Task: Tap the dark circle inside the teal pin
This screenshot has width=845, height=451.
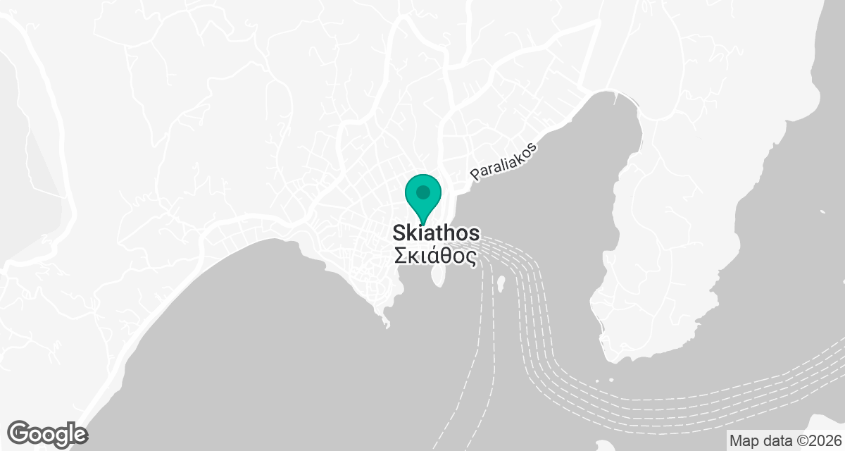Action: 423,192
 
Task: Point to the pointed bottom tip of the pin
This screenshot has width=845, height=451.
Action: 423,224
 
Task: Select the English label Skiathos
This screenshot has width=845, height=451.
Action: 437,234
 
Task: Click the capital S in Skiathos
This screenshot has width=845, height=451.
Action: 399,234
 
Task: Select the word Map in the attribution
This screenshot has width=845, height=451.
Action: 745,440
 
